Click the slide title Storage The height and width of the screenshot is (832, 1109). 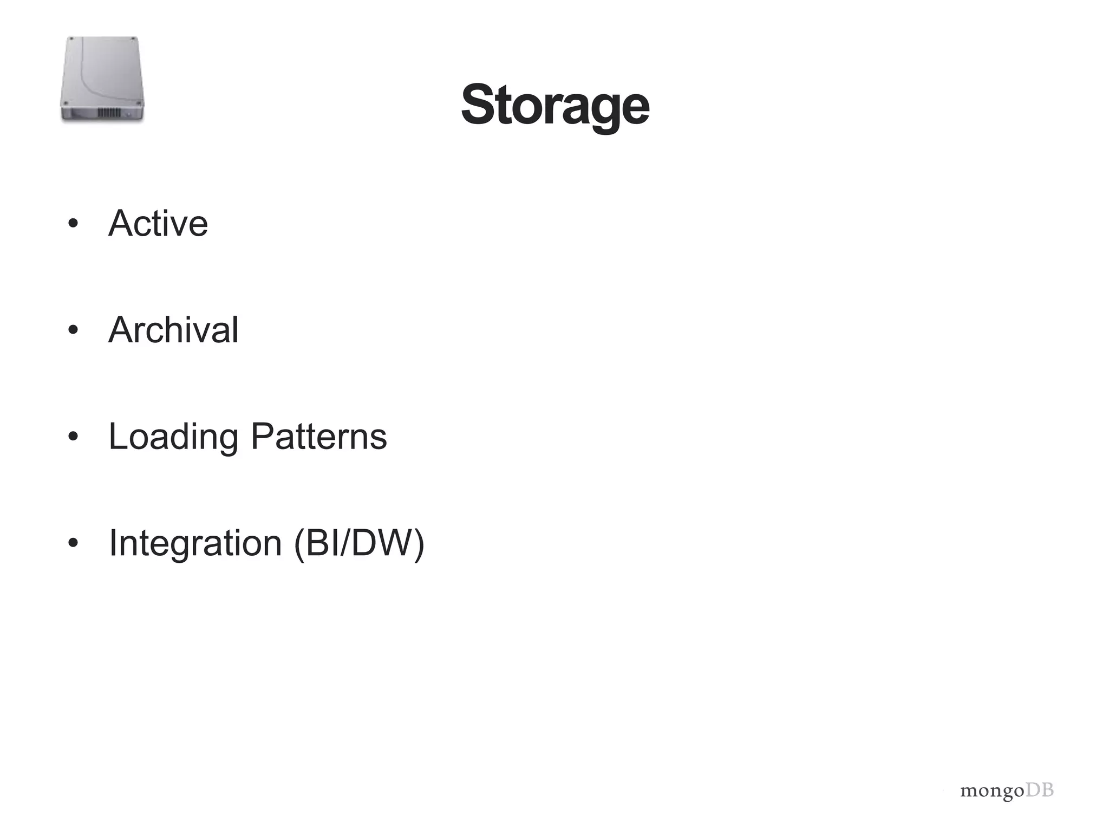[x=555, y=105]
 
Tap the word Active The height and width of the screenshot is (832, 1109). [x=158, y=223]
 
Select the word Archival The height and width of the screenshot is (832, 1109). [x=173, y=330]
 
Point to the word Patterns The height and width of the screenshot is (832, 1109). [x=319, y=437]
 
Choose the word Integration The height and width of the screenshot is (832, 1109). [x=195, y=543]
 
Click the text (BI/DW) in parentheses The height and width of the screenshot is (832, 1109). [x=359, y=543]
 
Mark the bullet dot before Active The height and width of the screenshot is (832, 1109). [x=74, y=223]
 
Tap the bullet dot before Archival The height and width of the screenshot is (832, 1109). [x=74, y=330]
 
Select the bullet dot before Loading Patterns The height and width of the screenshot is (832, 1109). [x=74, y=437]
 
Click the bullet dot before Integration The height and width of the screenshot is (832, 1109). [x=74, y=543]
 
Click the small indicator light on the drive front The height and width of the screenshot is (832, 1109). [x=129, y=114]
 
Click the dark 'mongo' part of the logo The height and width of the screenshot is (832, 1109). [x=992, y=791]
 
